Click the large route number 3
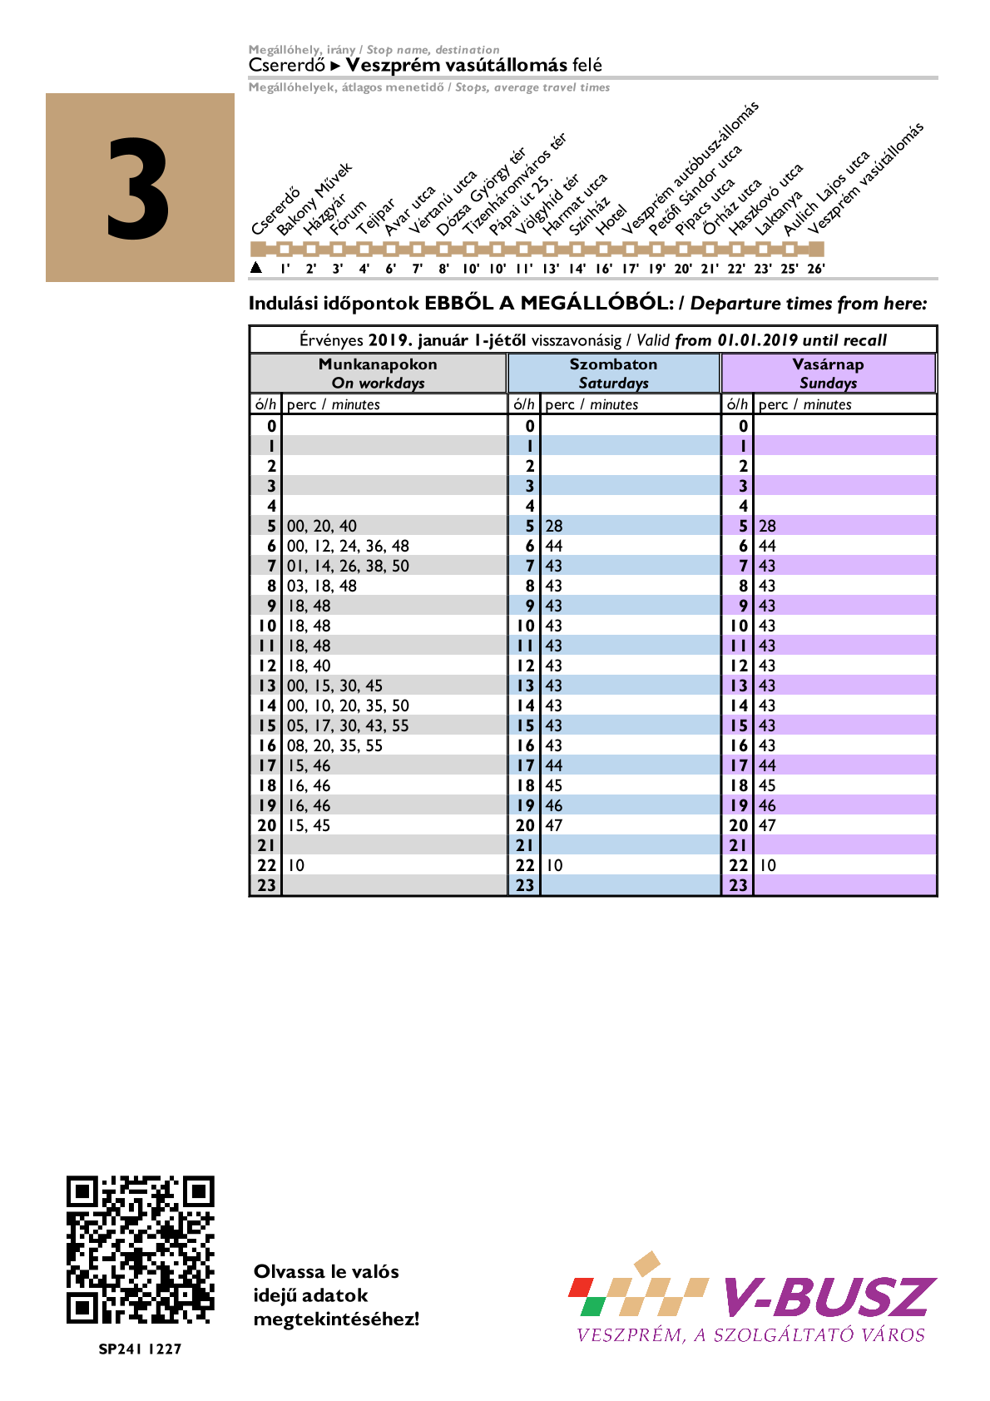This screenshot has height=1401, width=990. coord(138,189)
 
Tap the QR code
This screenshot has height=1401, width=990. coord(140,1250)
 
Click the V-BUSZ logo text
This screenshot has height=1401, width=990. coord(829,1297)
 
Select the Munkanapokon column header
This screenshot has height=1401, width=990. coord(378,373)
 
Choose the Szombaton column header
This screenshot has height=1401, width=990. coord(613,373)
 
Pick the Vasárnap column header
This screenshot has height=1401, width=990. coord(828,373)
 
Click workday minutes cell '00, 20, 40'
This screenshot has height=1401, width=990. coord(322,526)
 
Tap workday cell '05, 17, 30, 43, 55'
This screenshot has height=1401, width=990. coord(349,725)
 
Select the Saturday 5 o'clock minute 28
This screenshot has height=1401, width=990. coord(554,526)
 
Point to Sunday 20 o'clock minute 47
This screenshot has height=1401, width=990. coord(767,825)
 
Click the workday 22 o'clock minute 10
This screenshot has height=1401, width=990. coord(296,865)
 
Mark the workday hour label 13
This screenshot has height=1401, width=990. coord(266,686)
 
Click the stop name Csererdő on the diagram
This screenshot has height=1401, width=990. coord(275,213)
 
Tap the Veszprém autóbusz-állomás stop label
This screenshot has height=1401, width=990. coord(691,166)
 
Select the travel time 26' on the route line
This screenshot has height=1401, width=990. coord(816,269)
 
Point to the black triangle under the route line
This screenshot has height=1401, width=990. coord(256,267)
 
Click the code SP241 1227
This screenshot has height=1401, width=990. coord(140,1349)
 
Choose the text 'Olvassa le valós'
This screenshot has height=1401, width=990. coord(326,1271)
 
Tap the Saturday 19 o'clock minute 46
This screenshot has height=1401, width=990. coord(554,805)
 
